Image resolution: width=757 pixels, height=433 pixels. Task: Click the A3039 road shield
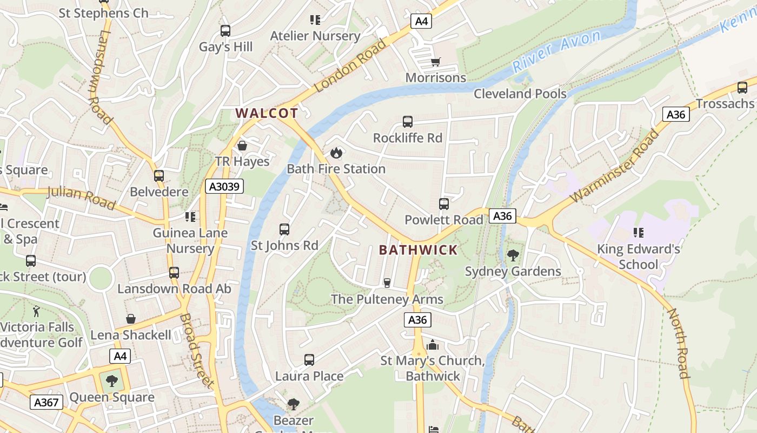224,187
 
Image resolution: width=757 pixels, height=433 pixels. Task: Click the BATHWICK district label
418,250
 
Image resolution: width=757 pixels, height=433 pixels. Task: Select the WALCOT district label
267,113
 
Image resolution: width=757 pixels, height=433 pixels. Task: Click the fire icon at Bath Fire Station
336,153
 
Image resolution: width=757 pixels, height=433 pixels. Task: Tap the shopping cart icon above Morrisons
436,62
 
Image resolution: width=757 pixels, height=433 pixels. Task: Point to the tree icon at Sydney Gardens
513,255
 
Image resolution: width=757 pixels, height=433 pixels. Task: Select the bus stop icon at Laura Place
309,360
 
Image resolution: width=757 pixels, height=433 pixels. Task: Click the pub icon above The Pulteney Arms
387,283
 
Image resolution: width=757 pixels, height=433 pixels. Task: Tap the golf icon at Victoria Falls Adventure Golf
36,311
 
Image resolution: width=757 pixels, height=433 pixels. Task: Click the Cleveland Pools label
520,94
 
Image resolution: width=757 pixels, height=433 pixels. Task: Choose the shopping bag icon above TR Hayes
242,146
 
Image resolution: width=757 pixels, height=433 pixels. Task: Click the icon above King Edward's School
638,233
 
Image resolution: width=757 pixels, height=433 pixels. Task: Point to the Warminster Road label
614,166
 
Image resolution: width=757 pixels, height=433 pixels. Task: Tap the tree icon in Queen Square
112,381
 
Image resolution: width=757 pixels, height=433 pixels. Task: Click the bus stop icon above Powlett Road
444,204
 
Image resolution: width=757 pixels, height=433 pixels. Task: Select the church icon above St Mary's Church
432,345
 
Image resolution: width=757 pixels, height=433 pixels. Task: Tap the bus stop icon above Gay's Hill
225,31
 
